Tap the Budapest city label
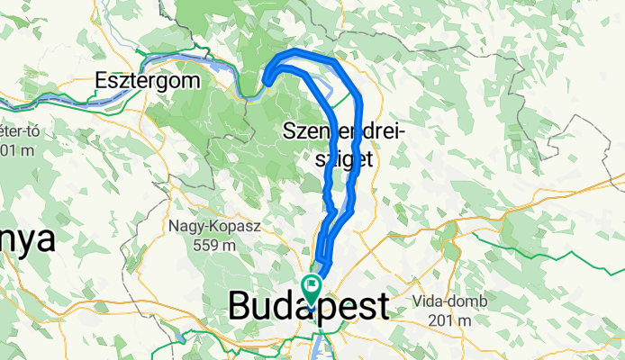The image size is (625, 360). tap(309, 306)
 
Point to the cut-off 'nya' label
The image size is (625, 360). tap(27, 240)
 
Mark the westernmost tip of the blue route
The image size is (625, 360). tap(267, 85)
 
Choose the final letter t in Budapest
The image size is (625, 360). tap(383, 306)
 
